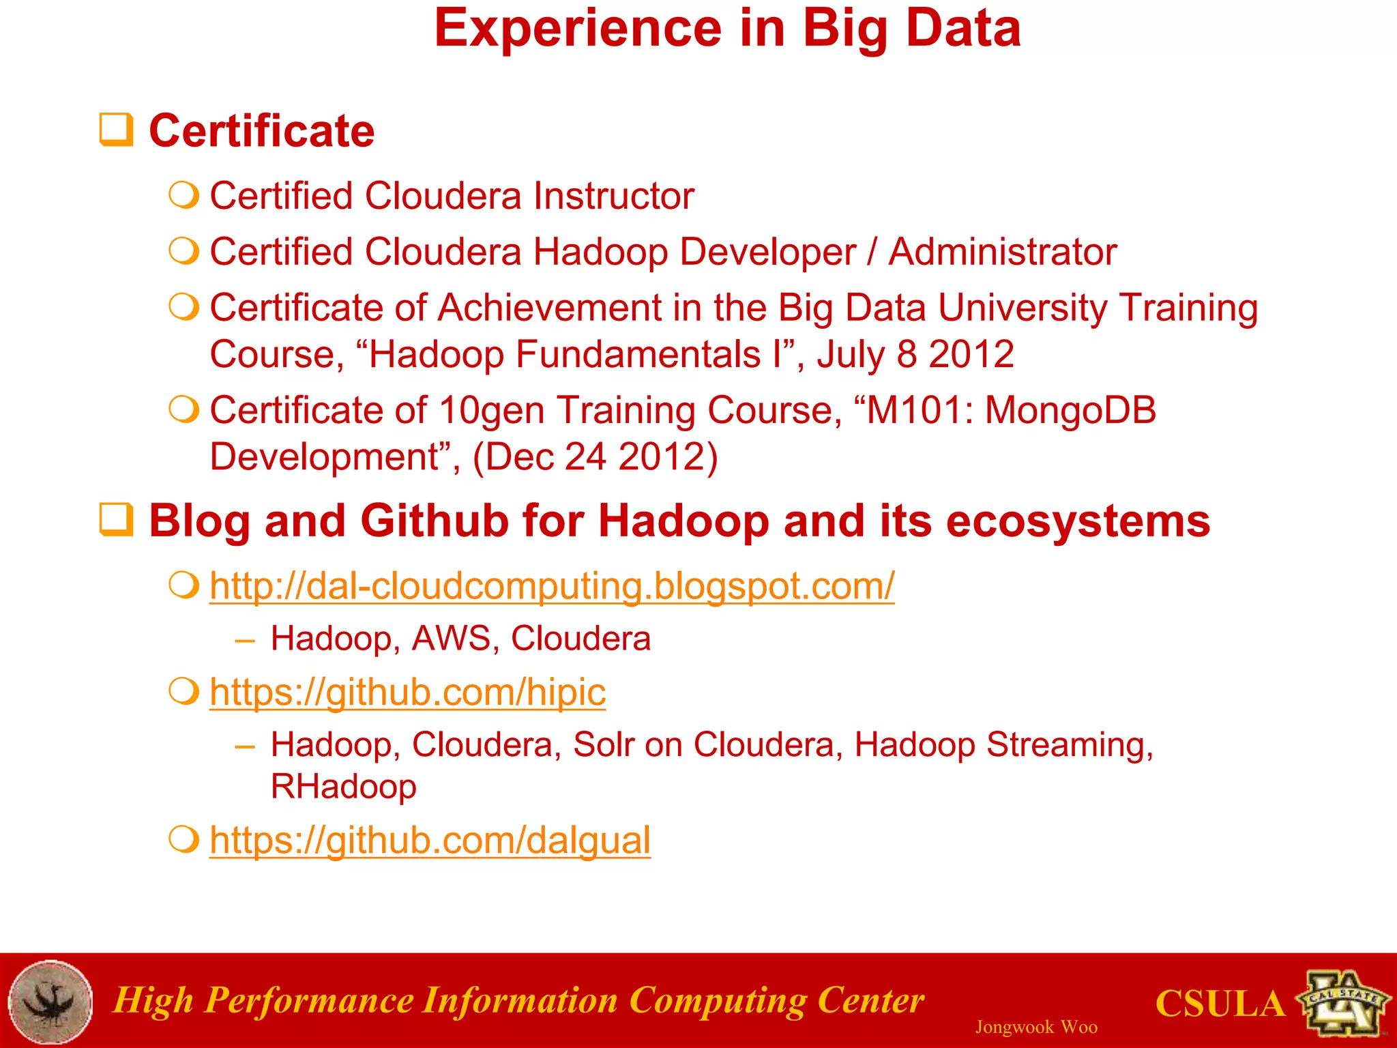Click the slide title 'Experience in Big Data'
pos(727,29)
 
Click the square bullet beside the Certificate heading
pos(116,130)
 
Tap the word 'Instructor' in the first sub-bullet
pos(613,196)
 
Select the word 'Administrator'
pos(1002,252)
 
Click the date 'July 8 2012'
pos(915,355)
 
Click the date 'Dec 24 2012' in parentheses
pos(595,457)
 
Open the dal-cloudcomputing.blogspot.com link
pos(552,586)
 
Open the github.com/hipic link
pos(407,693)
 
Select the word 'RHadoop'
pos(343,787)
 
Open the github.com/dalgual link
pos(430,841)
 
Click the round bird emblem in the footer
pos(50,1002)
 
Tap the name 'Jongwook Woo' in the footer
pos(1035,1027)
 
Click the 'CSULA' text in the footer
pos(1220,1004)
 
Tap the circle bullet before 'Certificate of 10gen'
pos(183,410)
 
